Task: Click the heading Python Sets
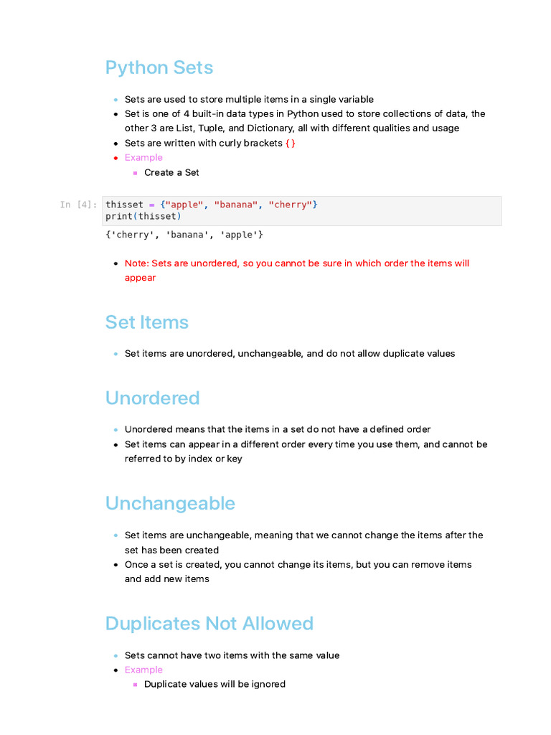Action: click(x=159, y=67)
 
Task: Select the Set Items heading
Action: click(x=146, y=322)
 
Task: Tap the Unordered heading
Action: click(x=152, y=398)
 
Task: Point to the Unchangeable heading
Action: click(x=170, y=504)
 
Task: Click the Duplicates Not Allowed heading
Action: click(x=209, y=623)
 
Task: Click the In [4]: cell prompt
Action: click(x=77, y=205)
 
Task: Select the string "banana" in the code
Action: click(x=235, y=205)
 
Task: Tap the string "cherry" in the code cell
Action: click(x=290, y=205)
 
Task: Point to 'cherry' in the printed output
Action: click(x=130, y=235)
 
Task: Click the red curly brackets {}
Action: click(x=290, y=143)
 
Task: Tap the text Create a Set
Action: click(x=171, y=172)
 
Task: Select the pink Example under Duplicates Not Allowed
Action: click(x=143, y=670)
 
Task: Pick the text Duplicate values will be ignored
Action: click(x=215, y=684)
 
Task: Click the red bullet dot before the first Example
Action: click(x=116, y=158)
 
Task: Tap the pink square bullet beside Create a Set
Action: click(x=135, y=173)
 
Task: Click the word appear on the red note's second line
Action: click(x=140, y=278)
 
